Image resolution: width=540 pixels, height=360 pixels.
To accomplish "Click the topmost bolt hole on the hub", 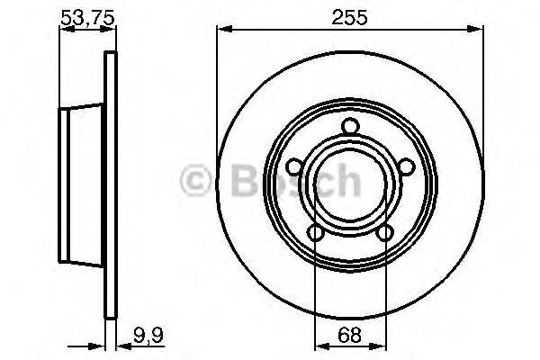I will pos(350,133).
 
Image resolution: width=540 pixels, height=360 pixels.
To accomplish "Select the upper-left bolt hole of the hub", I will pos(293,166).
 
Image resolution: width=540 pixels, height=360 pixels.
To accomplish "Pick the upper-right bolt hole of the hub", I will pos(407,166).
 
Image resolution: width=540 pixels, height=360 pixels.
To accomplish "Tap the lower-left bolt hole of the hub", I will pos(315,234).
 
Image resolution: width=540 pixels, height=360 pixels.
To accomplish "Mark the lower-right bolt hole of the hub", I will pos(385,234).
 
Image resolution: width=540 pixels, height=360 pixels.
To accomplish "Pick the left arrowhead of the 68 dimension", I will pos(319,345).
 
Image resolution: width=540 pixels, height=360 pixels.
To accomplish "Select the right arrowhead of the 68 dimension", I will pos(382,345).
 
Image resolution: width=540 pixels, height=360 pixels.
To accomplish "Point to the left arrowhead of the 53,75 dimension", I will pos(64,31).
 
